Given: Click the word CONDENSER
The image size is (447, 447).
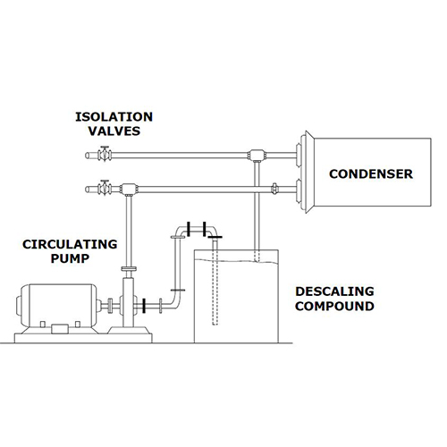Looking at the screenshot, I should tap(368, 173).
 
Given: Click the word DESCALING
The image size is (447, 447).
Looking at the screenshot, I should tap(335, 292).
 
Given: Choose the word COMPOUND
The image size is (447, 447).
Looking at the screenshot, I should tap(335, 307).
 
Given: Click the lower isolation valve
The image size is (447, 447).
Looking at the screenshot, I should tap(105, 189).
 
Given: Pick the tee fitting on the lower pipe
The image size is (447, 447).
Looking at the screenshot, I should tap(129, 190).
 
